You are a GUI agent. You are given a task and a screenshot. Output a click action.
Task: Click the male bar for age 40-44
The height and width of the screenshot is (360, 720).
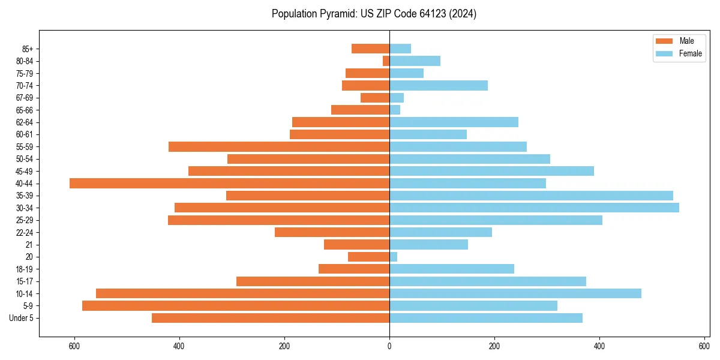229,184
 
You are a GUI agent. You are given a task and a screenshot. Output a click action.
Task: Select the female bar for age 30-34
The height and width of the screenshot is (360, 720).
534,208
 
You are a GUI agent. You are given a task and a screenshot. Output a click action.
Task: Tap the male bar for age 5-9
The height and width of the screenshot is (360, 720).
236,306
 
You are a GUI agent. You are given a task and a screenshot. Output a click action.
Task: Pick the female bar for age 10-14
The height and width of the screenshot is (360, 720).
515,293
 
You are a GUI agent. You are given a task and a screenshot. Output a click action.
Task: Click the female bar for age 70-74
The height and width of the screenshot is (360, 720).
439,86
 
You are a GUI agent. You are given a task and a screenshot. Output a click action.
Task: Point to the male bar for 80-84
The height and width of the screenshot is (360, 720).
386,61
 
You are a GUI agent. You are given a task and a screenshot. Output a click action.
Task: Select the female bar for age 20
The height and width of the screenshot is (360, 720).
394,257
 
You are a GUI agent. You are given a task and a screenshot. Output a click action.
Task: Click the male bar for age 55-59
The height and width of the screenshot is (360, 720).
279,147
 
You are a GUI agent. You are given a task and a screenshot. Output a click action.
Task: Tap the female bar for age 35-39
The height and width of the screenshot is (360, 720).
531,196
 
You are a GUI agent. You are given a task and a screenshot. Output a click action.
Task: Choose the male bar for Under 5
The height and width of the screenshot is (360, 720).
271,318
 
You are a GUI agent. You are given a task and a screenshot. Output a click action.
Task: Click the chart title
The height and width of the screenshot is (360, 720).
374,14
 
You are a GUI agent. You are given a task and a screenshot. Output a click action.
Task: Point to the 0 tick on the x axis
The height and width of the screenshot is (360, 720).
389,346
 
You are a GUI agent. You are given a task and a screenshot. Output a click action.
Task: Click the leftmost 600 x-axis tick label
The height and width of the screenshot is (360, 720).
74,346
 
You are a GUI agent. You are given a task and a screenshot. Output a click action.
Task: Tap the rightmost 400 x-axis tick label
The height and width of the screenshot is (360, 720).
599,346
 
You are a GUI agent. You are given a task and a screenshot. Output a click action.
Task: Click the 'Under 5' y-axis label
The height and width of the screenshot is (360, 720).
21,318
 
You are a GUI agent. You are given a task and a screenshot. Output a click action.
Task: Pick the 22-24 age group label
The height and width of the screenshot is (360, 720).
25,233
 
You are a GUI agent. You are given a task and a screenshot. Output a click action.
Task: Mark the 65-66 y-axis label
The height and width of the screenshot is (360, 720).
25,110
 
